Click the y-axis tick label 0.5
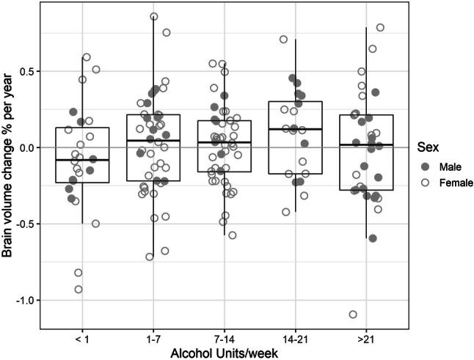pos(27,72)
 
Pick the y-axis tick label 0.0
pos(27,148)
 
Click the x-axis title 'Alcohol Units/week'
pos(224,353)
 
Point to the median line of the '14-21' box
pos(295,129)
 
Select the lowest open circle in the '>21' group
pos(353,315)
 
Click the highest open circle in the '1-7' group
pos(154,16)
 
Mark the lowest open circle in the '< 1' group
pos(79,289)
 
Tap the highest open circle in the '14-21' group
pos(283,39)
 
